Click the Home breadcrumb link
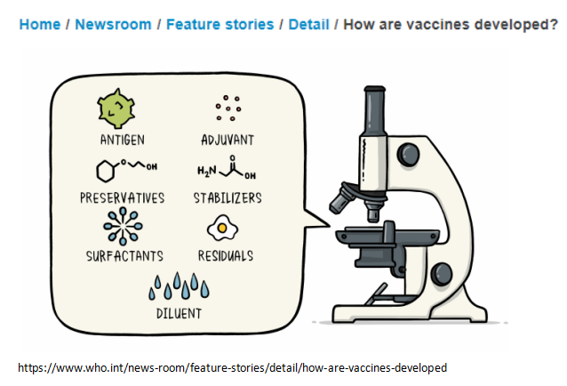(x=39, y=25)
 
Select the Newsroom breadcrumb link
(x=113, y=25)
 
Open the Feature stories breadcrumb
(x=220, y=25)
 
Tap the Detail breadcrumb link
(x=308, y=25)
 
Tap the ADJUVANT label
(x=228, y=139)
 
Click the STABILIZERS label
(x=228, y=197)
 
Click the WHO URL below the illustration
(x=233, y=366)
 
